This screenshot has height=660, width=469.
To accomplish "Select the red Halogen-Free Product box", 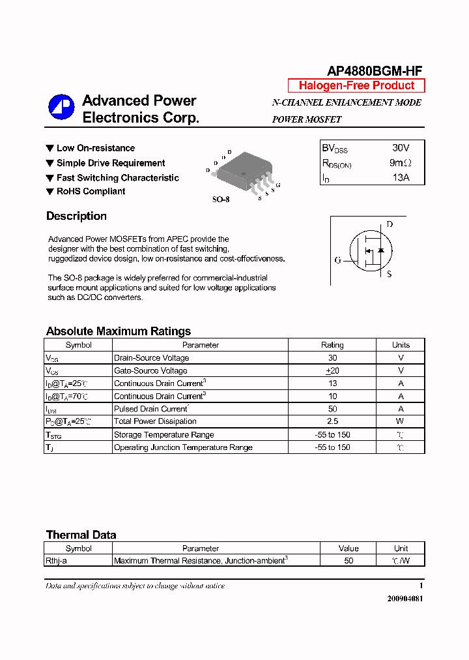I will click(x=356, y=85).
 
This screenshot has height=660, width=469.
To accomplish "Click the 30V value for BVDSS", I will click(x=401, y=148).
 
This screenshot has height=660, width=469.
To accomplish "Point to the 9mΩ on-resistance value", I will click(x=400, y=163).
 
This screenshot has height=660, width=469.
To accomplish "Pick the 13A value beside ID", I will click(x=401, y=177).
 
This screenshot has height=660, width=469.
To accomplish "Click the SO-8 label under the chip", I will click(x=221, y=200).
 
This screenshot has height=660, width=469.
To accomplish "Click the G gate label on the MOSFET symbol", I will click(x=337, y=260).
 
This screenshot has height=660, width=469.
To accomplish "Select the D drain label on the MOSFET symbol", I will click(x=390, y=224).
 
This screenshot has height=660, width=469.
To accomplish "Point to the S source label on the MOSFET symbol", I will click(x=390, y=275).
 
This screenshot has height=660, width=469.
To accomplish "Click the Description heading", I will click(x=76, y=217).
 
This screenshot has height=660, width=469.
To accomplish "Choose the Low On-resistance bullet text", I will click(x=96, y=148).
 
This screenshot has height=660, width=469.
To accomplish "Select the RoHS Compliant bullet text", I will click(x=91, y=191).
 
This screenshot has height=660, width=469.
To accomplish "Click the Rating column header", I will click(x=332, y=345).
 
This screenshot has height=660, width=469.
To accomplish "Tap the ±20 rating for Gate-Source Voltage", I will click(x=332, y=370).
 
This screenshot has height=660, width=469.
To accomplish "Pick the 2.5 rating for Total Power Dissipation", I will click(x=332, y=421).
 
